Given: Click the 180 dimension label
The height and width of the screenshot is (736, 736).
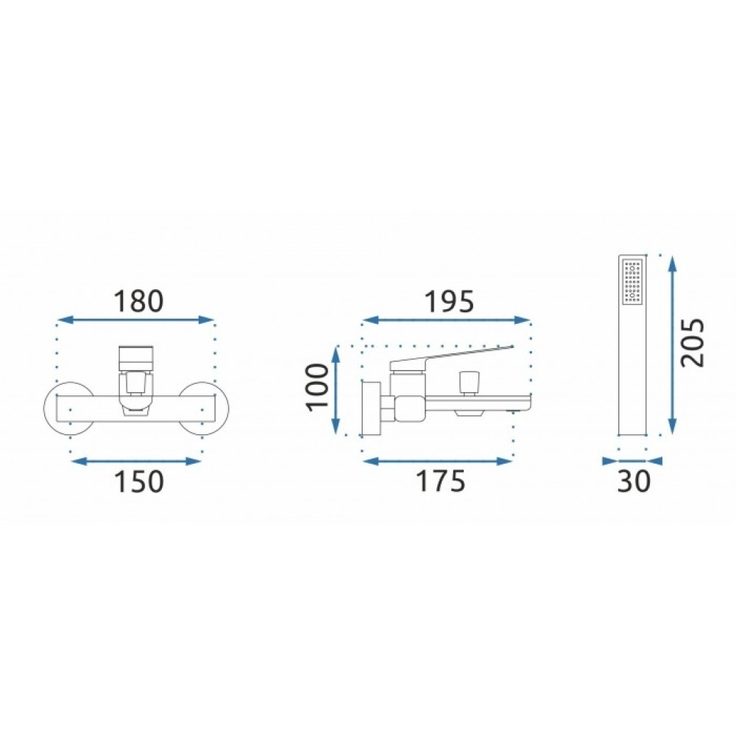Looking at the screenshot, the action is click(x=138, y=301).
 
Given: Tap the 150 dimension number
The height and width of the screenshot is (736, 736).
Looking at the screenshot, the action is click(x=139, y=481).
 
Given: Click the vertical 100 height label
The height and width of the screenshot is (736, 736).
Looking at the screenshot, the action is click(x=318, y=387).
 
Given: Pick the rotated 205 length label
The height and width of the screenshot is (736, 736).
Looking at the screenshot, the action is click(x=693, y=342).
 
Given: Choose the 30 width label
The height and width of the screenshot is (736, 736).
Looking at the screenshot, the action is click(x=634, y=481).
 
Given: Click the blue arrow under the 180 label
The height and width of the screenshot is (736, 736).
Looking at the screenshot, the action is click(x=135, y=320).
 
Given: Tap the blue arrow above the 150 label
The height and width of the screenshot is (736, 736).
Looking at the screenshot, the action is click(x=136, y=461).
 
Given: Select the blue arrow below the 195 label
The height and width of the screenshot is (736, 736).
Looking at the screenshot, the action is click(x=446, y=320).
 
